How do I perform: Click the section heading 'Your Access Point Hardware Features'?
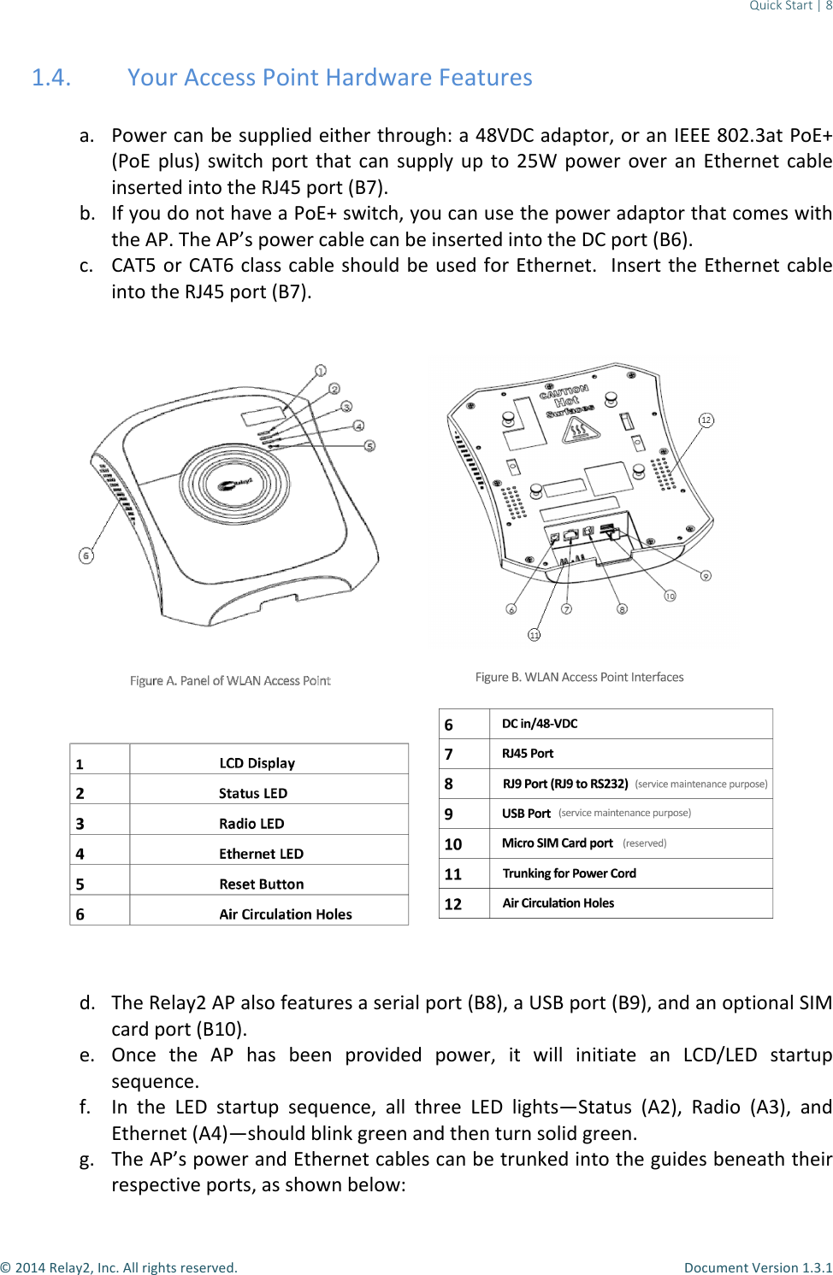click(329, 78)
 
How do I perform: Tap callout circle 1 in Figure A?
click(321, 371)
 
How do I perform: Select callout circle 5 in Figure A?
click(369, 446)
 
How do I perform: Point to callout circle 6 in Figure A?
click(86, 556)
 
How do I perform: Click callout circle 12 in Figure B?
click(706, 420)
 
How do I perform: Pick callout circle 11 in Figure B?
click(535, 635)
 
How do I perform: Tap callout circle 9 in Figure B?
click(706, 576)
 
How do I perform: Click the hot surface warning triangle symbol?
click(579, 430)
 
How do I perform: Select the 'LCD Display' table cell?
click(257, 763)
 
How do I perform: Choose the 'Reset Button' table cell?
click(262, 884)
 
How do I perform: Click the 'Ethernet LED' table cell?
click(261, 854)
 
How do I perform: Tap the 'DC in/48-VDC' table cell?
click(540, 724)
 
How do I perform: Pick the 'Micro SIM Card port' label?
click(558, 843)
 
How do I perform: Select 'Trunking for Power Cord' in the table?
click(570, 873)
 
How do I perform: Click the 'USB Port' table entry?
click(526, 814)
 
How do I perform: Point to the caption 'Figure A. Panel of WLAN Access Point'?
click(230, 681)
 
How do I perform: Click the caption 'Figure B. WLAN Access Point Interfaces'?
click(579, 678)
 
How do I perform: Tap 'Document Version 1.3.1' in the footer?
click(758, 1267)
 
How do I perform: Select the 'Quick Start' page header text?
click(780, 6)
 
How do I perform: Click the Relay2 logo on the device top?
click(234, 485)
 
